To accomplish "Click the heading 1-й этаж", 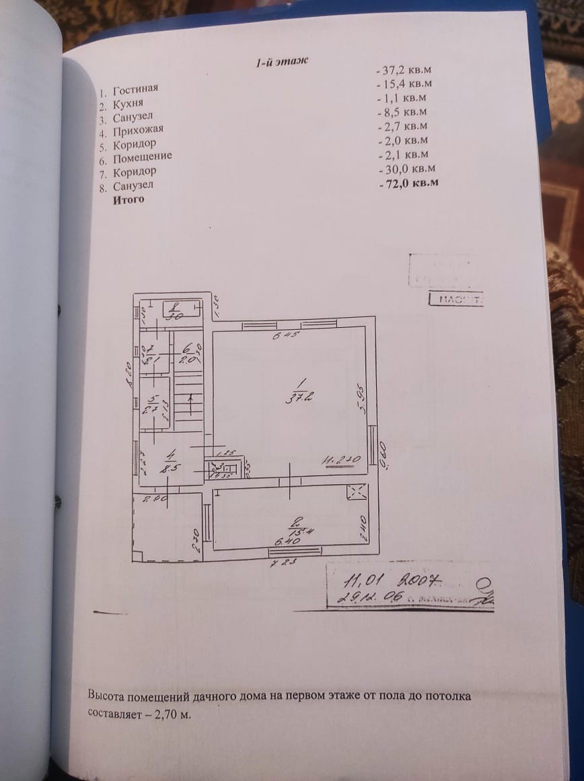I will click(x=281, y=62).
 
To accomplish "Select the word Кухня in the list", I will click(x=128, y=104).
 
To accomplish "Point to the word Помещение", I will click(x=143, y=158).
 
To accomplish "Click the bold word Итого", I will click(x=129, y=200).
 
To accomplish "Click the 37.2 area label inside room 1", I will click(x=291, y=397).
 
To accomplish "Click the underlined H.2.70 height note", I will click(x=342, y=461).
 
